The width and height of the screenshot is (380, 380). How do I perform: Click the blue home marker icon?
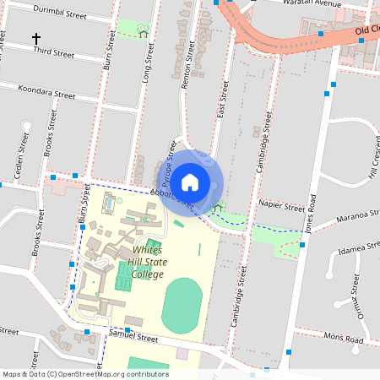point(190,182)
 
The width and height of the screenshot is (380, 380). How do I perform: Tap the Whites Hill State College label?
point(149,262)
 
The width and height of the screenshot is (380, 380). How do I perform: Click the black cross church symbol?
point(36,39)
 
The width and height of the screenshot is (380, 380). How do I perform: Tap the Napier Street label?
point(282,206)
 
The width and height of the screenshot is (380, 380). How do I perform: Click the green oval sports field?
point(182,307)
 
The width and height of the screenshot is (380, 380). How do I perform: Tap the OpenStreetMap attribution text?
point(84,374)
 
